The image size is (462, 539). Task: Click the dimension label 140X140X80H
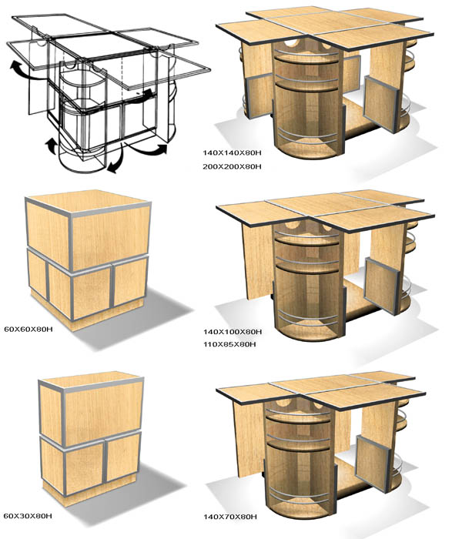(x=232, y=152)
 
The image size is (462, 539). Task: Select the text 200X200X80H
(x=232, y=167)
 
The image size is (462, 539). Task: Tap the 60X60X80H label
(x=28, y=329)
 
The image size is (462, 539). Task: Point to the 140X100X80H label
(x=233, y=332)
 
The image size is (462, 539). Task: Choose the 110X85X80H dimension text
(x=229, y=344)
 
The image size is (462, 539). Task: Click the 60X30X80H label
(x=28, y=516)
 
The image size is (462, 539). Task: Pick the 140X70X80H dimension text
(x=230, y=517)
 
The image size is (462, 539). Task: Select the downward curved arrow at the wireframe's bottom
(x=116, y=162)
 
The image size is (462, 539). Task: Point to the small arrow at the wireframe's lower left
(x=51, y=146)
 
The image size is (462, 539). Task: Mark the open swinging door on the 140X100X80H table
(x=382, y=286)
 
